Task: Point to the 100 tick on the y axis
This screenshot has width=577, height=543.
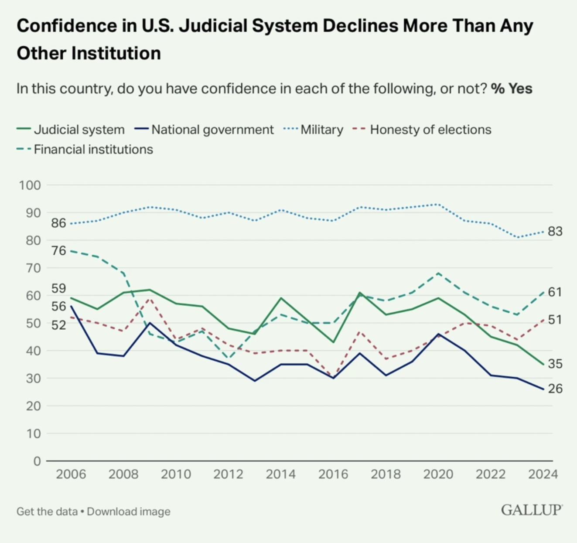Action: pos(30,185)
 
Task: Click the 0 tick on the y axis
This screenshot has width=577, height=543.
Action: pos(37,461)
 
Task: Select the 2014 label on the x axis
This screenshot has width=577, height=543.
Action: pos(280,474)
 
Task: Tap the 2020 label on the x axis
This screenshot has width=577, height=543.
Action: pos(438,474)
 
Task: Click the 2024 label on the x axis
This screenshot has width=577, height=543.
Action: pos(543,474)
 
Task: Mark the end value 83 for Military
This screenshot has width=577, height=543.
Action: pos(555,231)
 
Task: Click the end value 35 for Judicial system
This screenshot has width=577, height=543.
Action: pos(555,364)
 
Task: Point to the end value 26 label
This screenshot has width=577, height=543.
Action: pos(555,389)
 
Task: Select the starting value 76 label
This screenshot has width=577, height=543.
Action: pos(58,251)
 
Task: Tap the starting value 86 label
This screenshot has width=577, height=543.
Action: pos(58,223)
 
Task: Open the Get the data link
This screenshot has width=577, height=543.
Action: pos(47,512)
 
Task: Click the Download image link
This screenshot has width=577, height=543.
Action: pos(129,512)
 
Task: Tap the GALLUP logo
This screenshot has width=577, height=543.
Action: pos(532,510)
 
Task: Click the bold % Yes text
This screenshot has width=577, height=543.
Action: pos(512,89)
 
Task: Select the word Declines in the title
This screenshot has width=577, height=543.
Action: pos(360,26)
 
